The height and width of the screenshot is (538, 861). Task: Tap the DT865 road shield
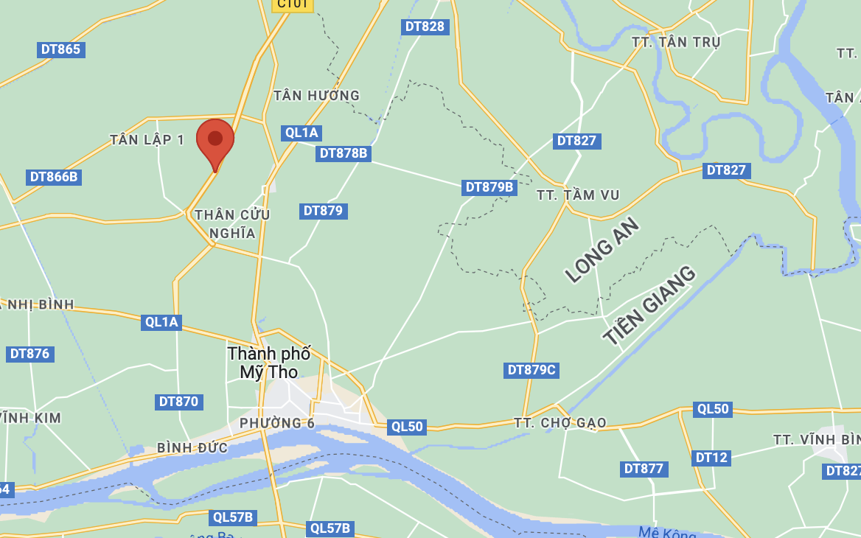click(x=60, y=49)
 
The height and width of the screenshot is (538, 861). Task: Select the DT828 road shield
click(x=425, y=27)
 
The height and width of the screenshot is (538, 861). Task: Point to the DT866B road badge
click(x=54, y=177)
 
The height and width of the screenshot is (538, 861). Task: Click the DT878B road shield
click(x=343, y=153)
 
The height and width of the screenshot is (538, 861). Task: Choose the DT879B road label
click(x=489, y=187)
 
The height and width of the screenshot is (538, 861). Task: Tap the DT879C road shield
click(x=531, y=370)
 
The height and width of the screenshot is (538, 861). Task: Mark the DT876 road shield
click(x=29, y=354)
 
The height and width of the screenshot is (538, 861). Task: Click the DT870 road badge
click(x=179, y=402)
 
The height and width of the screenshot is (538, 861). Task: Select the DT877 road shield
click(x=644, y=469)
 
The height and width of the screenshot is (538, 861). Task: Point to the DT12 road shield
click(x=711, y=458)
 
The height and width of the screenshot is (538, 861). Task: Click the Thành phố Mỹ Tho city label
click(x=269, y=363)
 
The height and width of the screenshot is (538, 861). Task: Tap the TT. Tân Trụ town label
click(x=676, y=42)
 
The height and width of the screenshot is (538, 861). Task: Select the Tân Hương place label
click(x=316, y=95)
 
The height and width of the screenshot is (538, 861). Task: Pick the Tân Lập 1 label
click(x=147, y=139)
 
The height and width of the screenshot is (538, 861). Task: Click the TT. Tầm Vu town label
click(x=578, y=195)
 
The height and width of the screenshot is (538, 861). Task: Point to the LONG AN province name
click(x=603, y=251)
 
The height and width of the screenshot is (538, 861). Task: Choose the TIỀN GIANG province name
click(x=649, y=305)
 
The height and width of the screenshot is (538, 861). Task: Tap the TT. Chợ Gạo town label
click(x=560, y=422)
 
